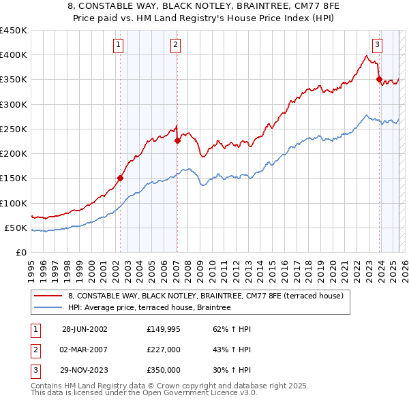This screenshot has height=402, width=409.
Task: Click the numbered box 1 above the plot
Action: pos(119,45)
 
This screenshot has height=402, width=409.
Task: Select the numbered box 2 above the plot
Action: pos(175,45)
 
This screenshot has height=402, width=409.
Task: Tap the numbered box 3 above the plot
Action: pos(377,45)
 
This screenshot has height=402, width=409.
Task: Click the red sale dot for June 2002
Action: pos(121,179)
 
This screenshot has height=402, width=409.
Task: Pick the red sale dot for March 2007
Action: pos(177,141)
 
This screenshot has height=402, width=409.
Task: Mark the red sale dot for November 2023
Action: pos(379,80)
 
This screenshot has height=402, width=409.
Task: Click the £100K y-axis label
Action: pos(14,203)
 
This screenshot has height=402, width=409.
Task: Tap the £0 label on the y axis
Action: pos(20,252)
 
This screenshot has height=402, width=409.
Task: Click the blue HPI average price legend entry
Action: pos(149,308)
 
